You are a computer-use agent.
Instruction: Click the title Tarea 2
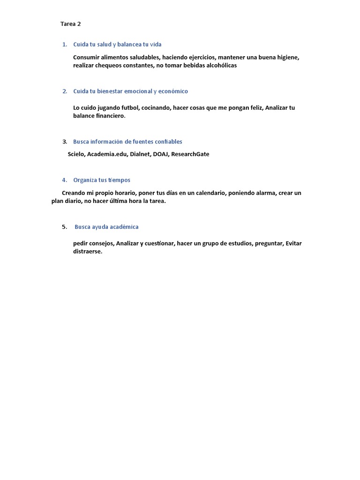coord(71,24)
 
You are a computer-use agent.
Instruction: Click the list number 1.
coord(64,45)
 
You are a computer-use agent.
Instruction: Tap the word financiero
coord(111,116)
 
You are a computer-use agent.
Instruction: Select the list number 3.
coord(65,142)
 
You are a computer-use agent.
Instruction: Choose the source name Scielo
coord(76,154)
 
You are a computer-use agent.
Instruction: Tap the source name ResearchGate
coord(190,154)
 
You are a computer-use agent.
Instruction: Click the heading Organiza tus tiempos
coord(102,180)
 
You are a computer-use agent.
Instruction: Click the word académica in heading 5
coord(124,227)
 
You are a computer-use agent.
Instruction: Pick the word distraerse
coord(87,252)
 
